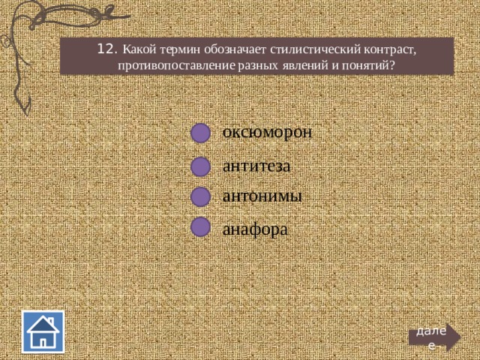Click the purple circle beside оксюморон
pyautogui.click(x=201, y=133)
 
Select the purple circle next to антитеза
pyautogui.click(x=201, y=166)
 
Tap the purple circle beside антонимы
pyautogui.click(x=201, y=196)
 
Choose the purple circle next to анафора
pyautogui.click(x=201, y=226)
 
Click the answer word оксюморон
pyautogui.click(x=267, y=133)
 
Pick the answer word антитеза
pyautogui.click(x=256, y=166)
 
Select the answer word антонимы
pyautogui.click(x=262, y=196)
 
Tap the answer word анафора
pyautogui.click(x=255, y=229)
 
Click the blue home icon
pyautogui.click(x=43, y=331)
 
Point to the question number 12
pyautogui.click(x=106, y=49)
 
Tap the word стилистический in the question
pyautogui.click(x=315, y=49)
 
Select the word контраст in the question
pyautogui.click(x=390, y=49)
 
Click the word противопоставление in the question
pyautogui.click(x=176, y=65)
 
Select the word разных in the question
pyautogui.click(x=258, y=66)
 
